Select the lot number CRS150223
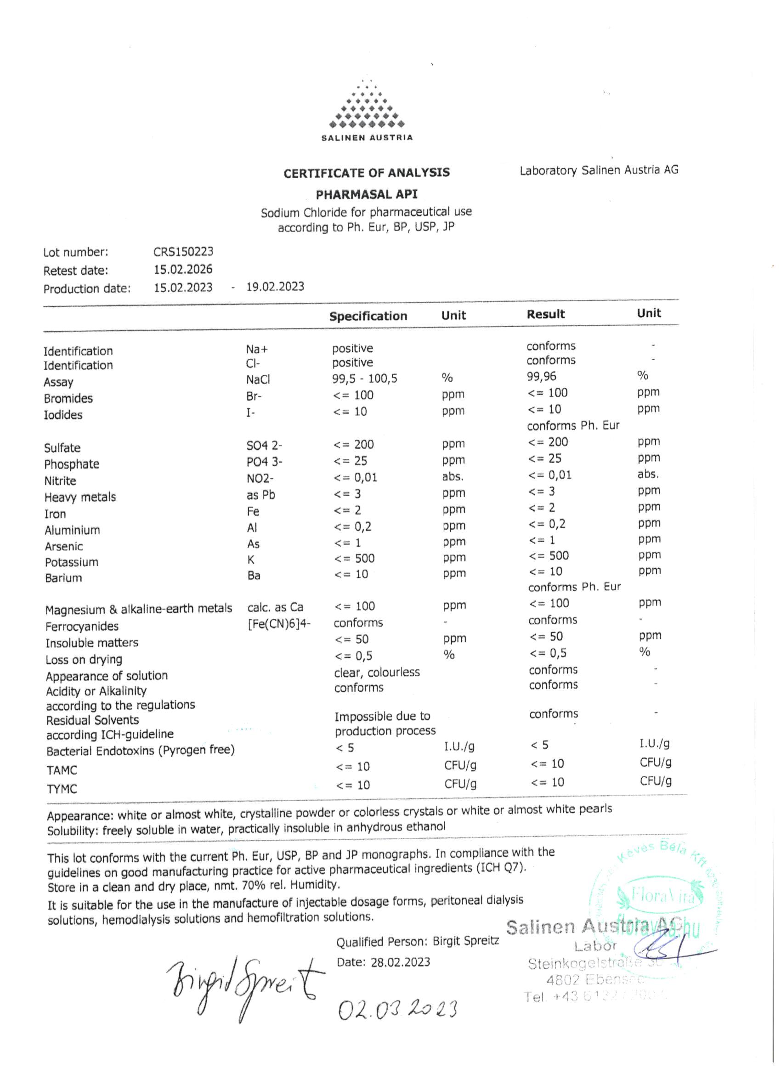183,251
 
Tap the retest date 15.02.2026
183,270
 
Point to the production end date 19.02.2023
275,287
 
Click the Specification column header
368,316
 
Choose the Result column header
546,314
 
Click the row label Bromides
68,398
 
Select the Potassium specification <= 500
354,558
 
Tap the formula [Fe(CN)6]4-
279,624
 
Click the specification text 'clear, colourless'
377,673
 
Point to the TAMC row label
62,770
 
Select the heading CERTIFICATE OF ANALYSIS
367,173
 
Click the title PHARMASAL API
367,195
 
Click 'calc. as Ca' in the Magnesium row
275,607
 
